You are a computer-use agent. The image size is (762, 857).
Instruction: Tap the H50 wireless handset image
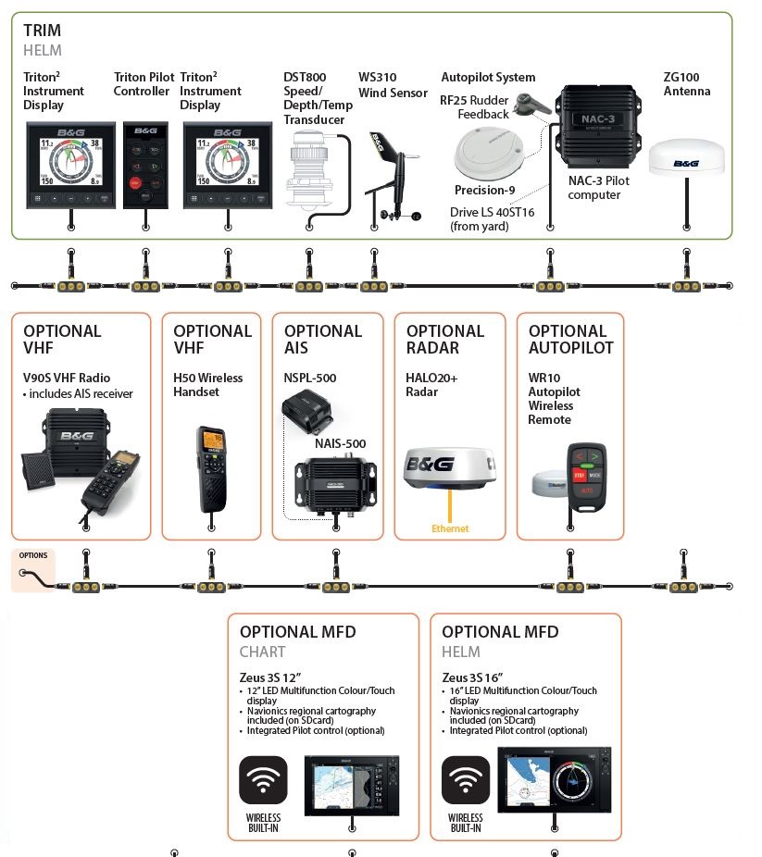pyautogui.click(x=211, y=466)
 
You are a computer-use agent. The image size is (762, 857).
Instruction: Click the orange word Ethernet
pyautogui.click(x=450, y=528)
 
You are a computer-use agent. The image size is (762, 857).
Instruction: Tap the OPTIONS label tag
pyautogui.click(x=32, y=556)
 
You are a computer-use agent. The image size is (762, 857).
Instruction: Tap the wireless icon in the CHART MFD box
pyautogui.click(x=263, y=780)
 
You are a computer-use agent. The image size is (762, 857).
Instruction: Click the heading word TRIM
pyautogui.click(x=43, y=31)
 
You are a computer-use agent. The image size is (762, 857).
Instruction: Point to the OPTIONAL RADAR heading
pyautogui.click(x=445, y=339)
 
